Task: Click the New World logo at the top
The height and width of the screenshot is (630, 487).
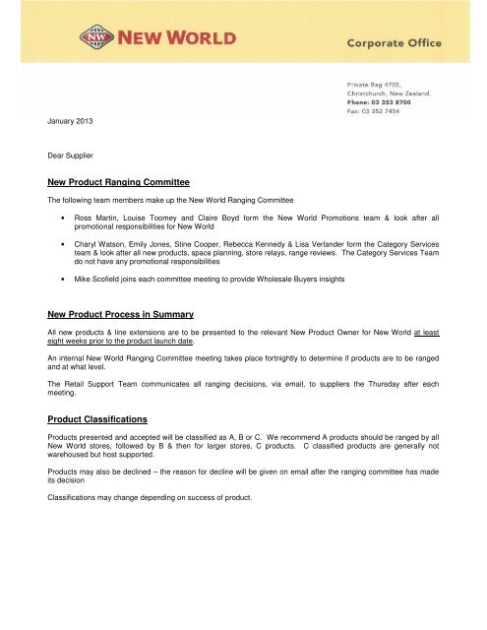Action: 158,40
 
